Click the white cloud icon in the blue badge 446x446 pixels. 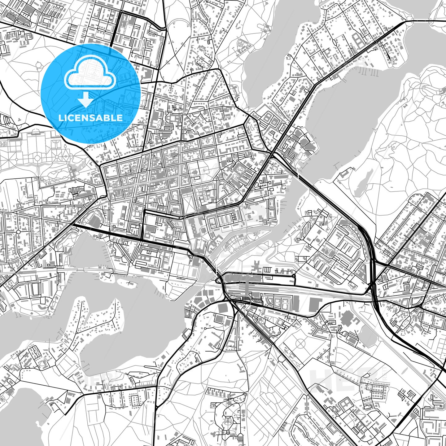90,75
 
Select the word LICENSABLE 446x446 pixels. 90,118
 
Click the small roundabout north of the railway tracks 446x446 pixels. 293,275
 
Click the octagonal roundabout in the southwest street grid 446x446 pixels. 18,231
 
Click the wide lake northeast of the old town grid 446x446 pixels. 341,124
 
